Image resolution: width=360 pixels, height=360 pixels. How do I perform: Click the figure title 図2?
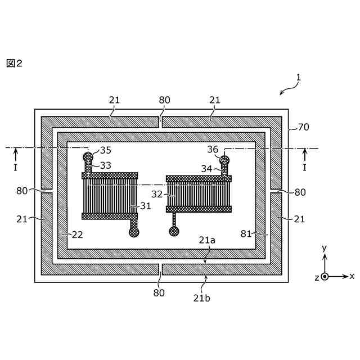tap(14, 63)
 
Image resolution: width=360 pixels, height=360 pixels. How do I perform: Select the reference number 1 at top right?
tap(299, 80)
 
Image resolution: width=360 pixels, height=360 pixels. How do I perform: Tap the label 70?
tap(303, 128)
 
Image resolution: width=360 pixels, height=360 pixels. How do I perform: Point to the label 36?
tap(212, 150)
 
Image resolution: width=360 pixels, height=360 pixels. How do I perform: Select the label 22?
tap(77, 235)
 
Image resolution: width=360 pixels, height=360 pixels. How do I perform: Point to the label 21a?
tap(207, 240)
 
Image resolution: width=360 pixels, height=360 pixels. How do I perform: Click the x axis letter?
tap(352, 276)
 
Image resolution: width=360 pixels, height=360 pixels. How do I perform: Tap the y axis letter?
tap(325, 247)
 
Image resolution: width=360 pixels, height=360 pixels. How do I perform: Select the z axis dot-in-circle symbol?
tap(325, 276)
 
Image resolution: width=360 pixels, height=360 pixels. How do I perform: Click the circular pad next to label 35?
tap(88, 156)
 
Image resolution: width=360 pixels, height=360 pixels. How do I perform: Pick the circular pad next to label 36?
tap(224, 160)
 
